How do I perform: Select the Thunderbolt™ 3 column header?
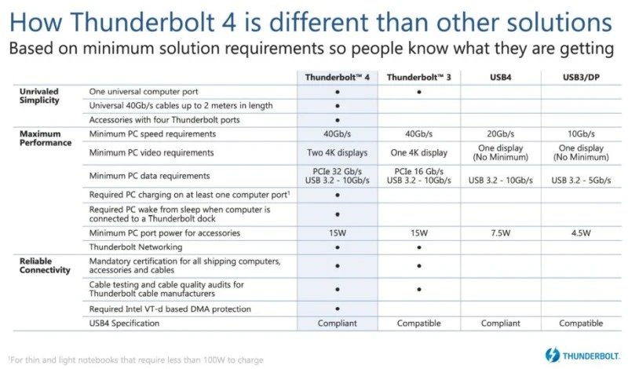tap(419, 77)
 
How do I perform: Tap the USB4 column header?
tap(500, 77)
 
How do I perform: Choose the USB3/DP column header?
tap(582, 77)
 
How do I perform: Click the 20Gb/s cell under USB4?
tap(500, 134)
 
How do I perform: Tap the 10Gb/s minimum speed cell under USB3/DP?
tap(582, 134)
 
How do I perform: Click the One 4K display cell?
tap(419, 153)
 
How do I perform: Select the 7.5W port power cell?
tap(500, 233)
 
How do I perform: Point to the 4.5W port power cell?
tap(582, 233)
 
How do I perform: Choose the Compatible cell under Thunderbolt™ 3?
tap(419, 323)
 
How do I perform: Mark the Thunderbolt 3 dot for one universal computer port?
tap(419, 92)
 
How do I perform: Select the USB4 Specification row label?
tap(125, 323)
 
